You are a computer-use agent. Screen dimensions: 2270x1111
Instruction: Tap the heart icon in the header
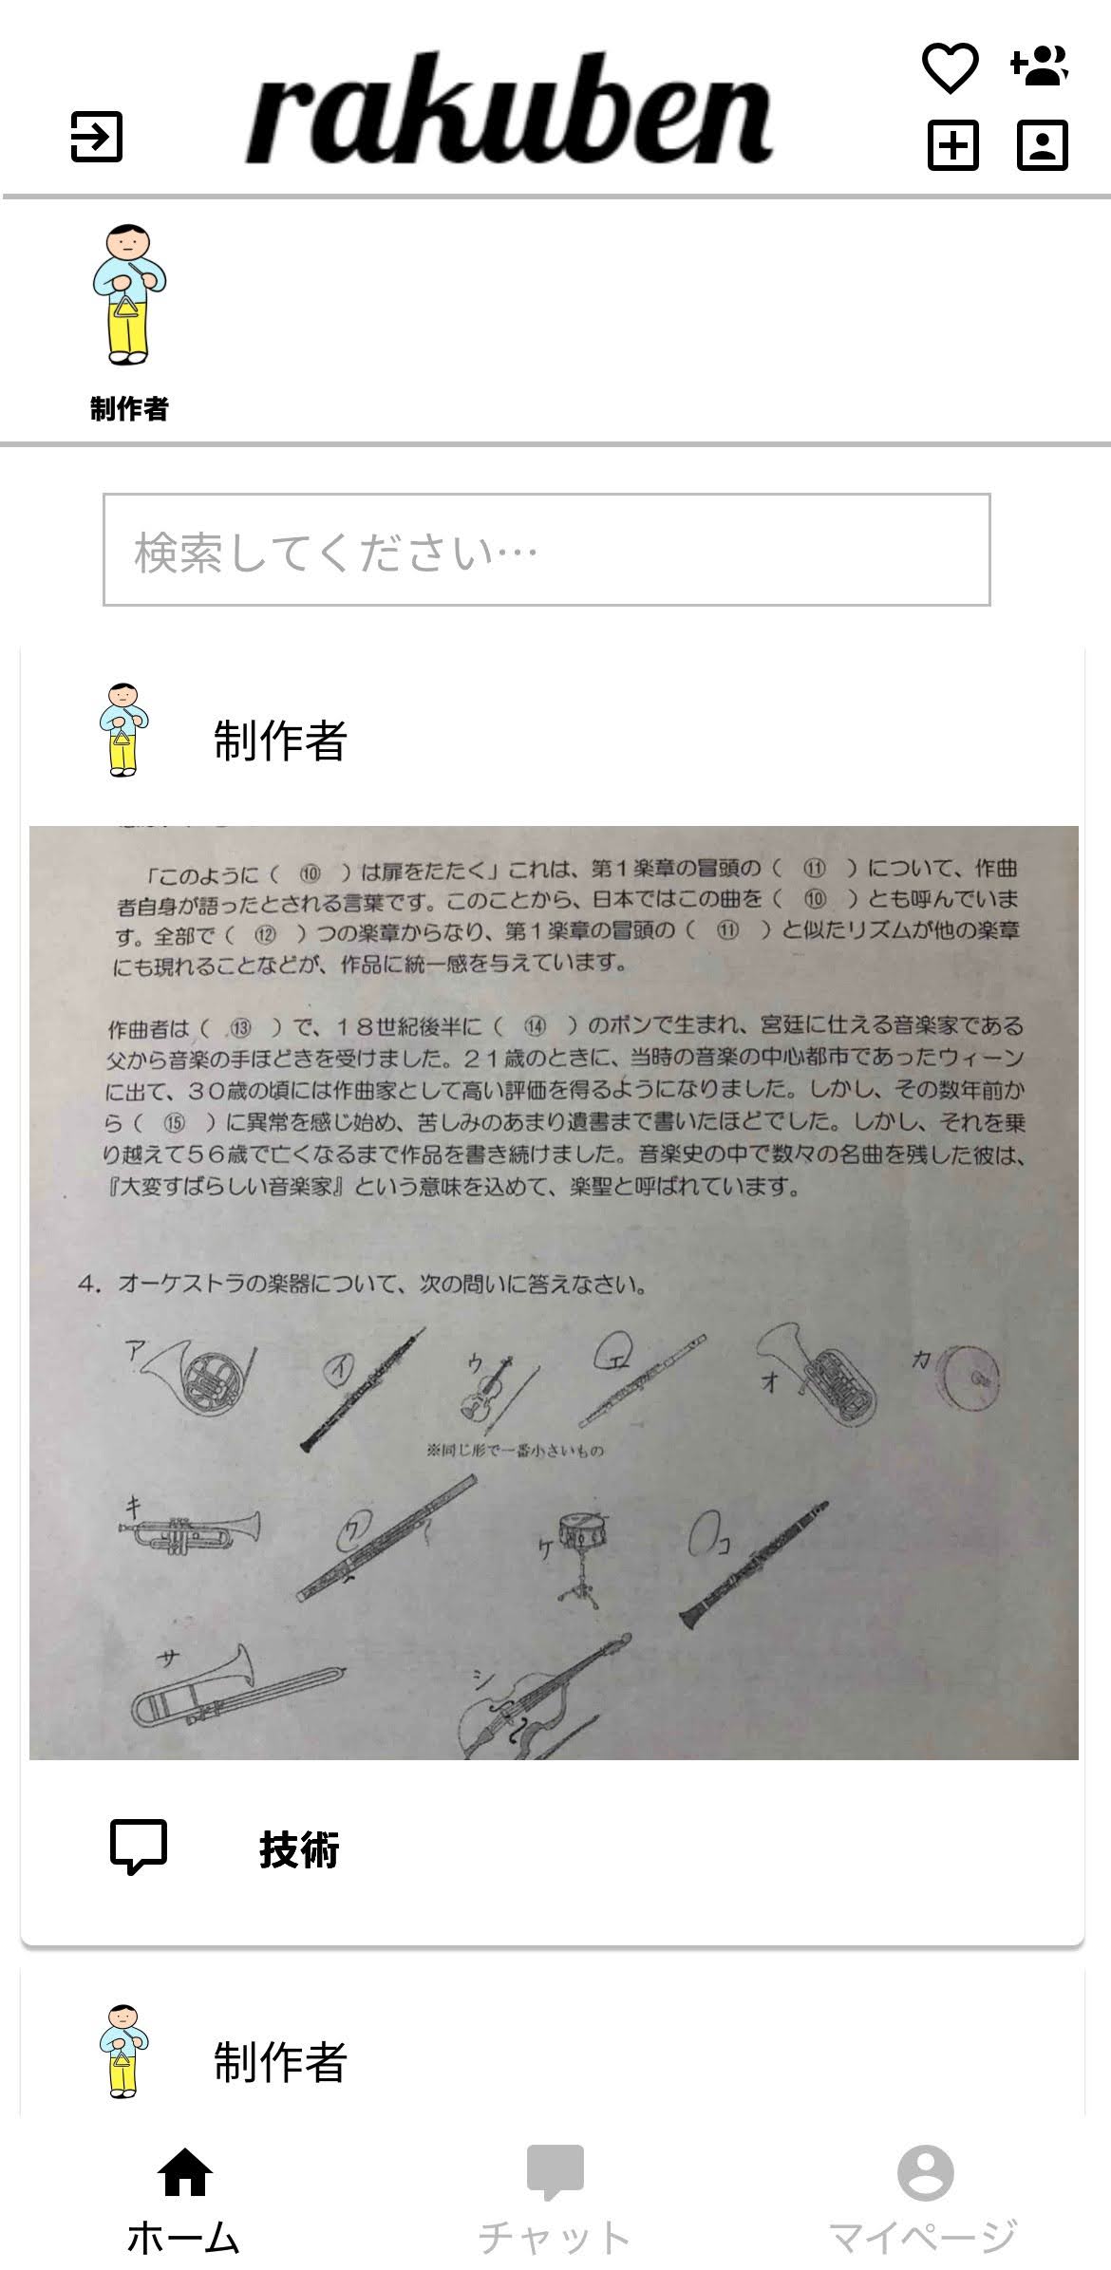pyautogui.click(x=951, y=68)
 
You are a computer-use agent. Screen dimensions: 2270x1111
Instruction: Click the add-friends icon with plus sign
pyautogui.click(x=1040, y=66)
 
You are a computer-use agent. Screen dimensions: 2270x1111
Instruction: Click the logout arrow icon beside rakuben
pyautogui.click(x=97, y=137)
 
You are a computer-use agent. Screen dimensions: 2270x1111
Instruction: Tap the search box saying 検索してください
pyautogui.click(x=546, y=550)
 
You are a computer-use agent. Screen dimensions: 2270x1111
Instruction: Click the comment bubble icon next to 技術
pyautogui.click(x=139, y=1847)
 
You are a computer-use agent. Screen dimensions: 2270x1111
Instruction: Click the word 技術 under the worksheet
pyautogui.click(x=299, y=1848)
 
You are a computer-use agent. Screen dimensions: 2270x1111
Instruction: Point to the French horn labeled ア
pyautogui.click(x=204, y=1377)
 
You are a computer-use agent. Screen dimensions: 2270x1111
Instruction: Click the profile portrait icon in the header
pyautogui.click(x=1042, y=145)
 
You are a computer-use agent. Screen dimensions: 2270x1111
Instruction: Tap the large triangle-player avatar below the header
pyautogui.click(x=129, y=295)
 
